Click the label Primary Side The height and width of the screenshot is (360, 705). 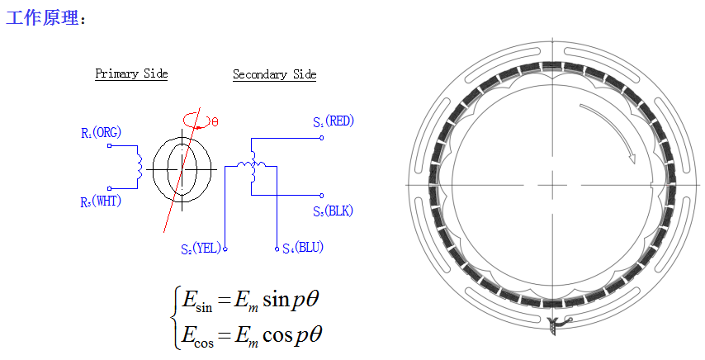[131, 74]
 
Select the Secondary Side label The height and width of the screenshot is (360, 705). [274, 74]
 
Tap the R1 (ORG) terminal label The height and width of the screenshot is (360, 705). [102, 133]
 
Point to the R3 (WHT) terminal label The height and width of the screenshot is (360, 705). [101, 201]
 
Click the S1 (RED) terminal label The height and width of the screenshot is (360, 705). [334, 121]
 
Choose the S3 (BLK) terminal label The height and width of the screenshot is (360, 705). [333, 211]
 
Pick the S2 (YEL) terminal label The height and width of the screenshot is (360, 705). [201, 248]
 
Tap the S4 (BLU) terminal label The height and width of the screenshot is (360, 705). [303, 248]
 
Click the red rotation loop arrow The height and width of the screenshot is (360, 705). [196, 121]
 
